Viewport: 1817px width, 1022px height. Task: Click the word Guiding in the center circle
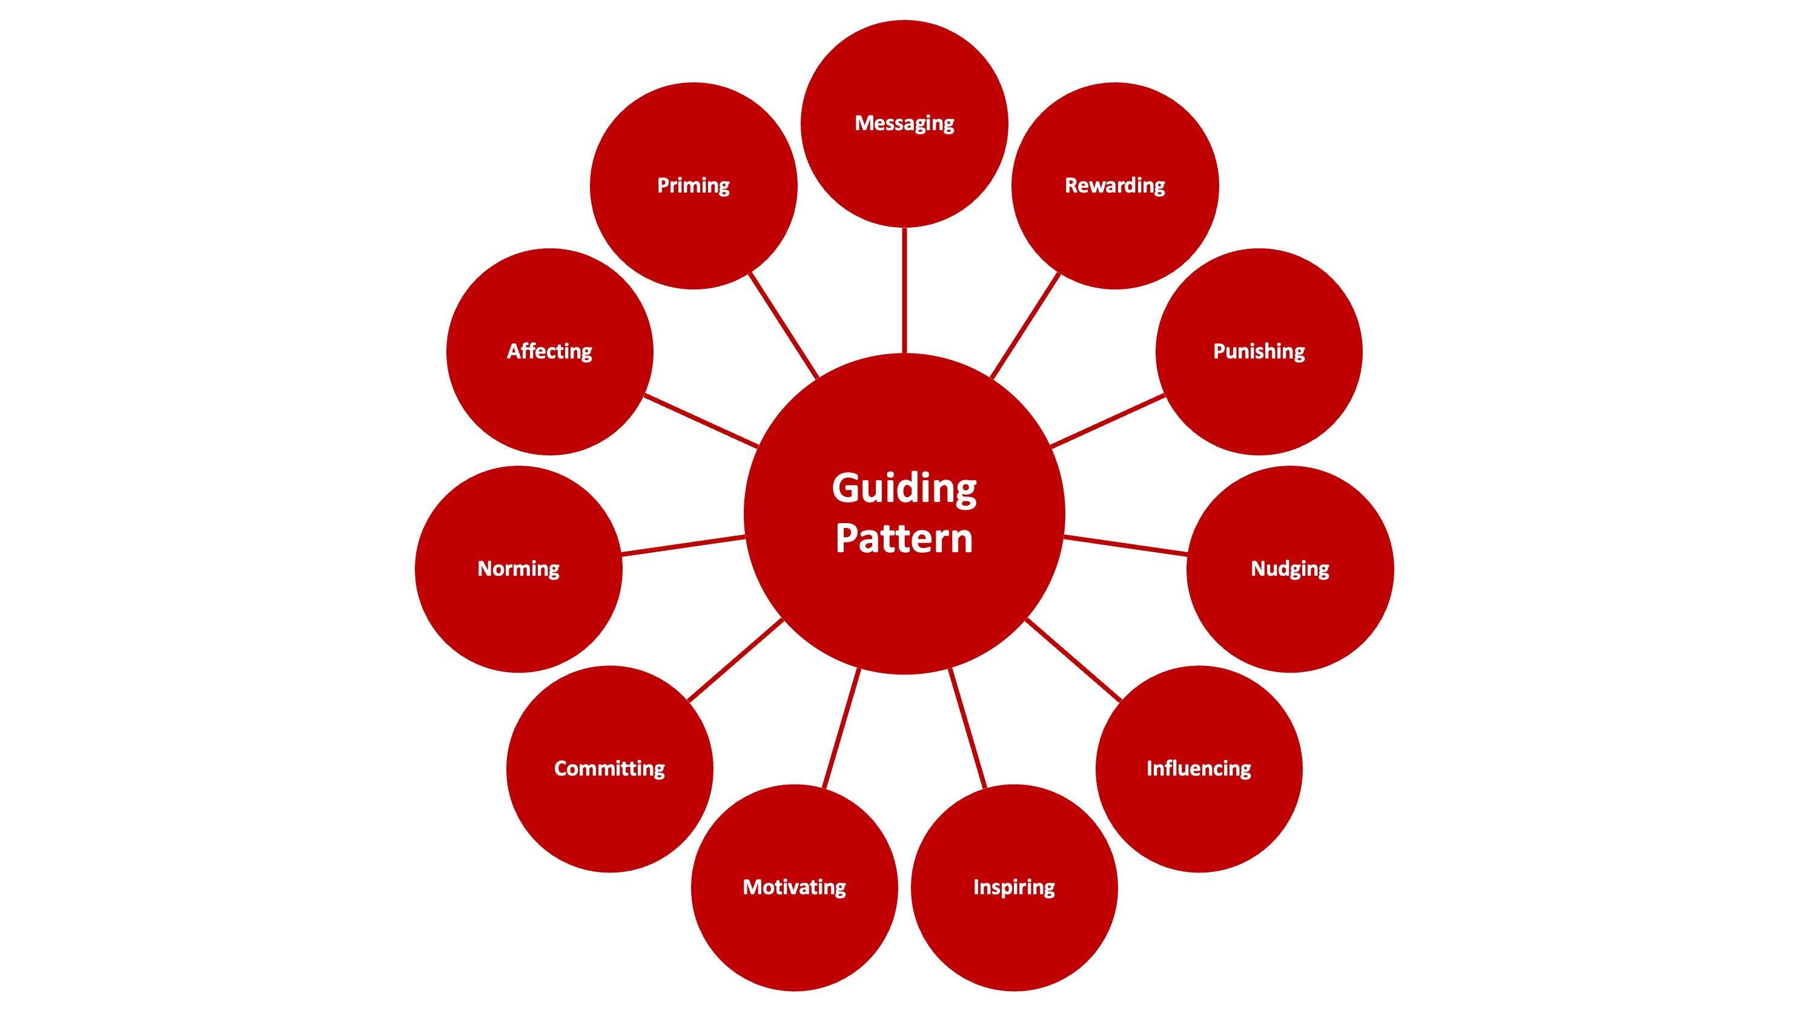coord(904,488)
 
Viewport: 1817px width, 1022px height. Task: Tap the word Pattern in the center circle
coord(904,539)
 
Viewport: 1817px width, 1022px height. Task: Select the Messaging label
coord(904,124)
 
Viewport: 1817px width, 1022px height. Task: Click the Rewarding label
coord(1114,185)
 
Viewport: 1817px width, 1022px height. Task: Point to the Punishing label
coord(1259,351)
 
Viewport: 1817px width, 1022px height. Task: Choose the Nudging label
coord(1289,569)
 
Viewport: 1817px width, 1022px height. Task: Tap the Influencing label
coord(1199,768)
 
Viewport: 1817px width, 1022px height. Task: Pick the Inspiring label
coord(1014,887)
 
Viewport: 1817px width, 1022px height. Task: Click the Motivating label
coord(794,887)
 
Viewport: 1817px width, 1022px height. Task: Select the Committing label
coord(609,768)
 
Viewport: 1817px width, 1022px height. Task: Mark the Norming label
coord(518,569)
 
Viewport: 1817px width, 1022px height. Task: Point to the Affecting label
coord(549,351)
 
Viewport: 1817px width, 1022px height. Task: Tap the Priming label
coord(693,185)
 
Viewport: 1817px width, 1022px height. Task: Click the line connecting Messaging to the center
coord(904,290)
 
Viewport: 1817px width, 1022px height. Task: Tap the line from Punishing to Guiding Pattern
coord(1107,421)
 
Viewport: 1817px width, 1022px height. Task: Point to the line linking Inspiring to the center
coord(967,727)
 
